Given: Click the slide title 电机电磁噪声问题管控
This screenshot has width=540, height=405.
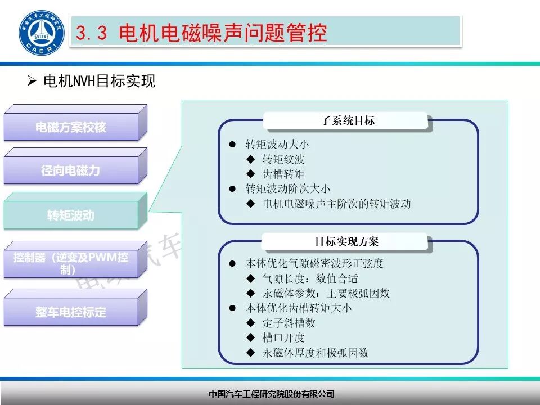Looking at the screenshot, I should coord(223,33).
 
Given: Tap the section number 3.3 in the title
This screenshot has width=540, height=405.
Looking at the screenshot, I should coord(91,34).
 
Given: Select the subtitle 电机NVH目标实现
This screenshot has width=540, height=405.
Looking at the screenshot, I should coord(99,82).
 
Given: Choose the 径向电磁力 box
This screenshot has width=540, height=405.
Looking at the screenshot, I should coord(71,170).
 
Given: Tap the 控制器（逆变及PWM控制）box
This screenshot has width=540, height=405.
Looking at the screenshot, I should coord(71,263).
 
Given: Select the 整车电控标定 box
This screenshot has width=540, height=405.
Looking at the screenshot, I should coord(71,312).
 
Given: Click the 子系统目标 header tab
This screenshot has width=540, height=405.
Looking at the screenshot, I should coord(348,121).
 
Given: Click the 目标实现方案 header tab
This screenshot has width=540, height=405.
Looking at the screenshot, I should coord(346,242).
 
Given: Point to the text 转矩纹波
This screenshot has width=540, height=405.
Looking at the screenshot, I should coord(283,160).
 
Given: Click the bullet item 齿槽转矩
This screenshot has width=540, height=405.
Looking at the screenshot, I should coord(283,174).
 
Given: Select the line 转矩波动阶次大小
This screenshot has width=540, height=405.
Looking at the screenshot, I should coord(288,189).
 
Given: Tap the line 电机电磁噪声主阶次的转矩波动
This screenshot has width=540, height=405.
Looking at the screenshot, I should coord(337,204).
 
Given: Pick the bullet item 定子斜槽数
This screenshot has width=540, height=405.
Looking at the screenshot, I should coord(289,323).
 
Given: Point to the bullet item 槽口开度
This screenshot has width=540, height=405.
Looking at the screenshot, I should coord(283,337).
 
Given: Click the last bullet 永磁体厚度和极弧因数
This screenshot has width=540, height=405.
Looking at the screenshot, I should coord(316,353).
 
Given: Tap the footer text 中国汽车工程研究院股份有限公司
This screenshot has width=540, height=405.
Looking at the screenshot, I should coord(271,394).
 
